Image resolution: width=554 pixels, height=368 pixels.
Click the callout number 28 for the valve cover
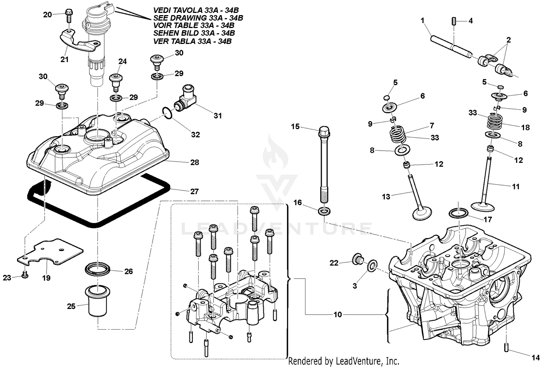click(194, 162)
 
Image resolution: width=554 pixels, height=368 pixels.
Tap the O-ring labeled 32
click(167, 113)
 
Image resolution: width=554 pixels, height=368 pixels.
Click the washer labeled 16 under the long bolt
click(324, 212)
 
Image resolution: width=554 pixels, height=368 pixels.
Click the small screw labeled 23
click(25, 275)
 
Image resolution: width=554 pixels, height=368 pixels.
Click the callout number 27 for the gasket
click(194, 191)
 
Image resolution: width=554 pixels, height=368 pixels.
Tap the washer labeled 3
click(372, 265)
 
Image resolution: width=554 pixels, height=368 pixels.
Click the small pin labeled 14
click(505, 347)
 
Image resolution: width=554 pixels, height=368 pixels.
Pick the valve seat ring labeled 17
click(458, 214)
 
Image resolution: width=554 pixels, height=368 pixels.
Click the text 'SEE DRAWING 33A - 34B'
click(198, 18)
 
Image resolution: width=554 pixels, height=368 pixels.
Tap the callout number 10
click(338, 314)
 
